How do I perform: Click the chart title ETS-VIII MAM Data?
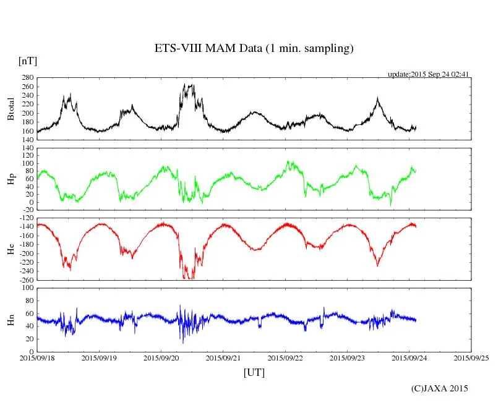tap(254, 49)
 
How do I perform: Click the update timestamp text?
tap(429, 74)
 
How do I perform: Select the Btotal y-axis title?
tap(11, 109)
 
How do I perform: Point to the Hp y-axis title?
tap(11, 179)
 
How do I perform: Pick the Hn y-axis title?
tap(11, 320)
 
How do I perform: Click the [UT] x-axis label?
tap(254, 372)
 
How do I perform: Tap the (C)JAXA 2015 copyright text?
tap(440, 388)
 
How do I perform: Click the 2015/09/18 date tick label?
tap(37, 357)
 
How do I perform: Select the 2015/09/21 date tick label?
tap(223, 357)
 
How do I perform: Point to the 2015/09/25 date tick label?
tap(471, 357)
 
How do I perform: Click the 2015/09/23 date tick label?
tap(348, 357)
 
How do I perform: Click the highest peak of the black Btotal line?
tap(186, 84)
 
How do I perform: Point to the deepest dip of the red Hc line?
tap(186, 279)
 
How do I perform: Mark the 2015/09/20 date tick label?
tap(161, 357)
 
